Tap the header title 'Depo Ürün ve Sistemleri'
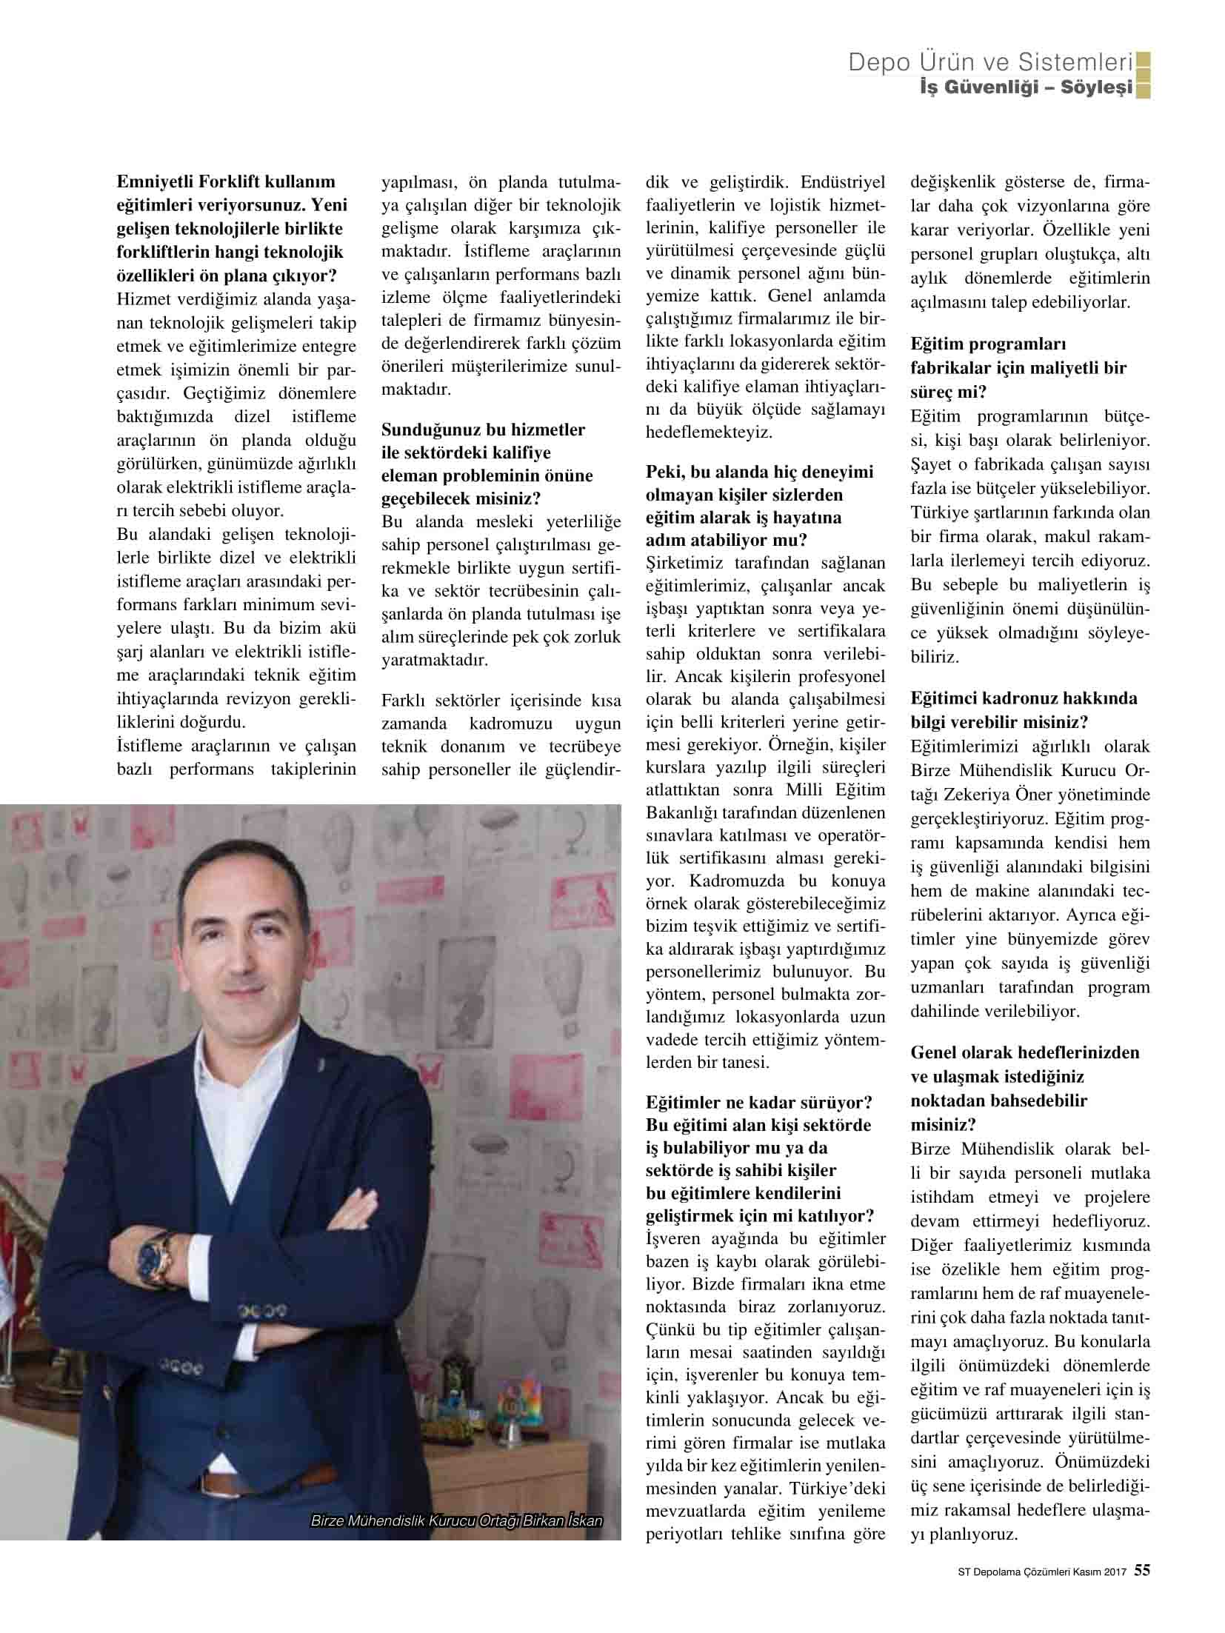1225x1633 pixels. [x=991, y=63]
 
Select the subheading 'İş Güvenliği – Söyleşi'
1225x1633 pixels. [x=1025, y=88]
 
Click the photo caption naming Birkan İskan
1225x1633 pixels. [x=456, y=1521]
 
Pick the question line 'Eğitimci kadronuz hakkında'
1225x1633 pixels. [x=1024, y=698]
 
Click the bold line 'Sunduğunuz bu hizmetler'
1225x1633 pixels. [x=483, y=430]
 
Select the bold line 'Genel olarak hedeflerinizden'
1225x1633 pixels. [x=1025, y=1052]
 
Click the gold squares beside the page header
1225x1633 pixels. [x=1143, y=75]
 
